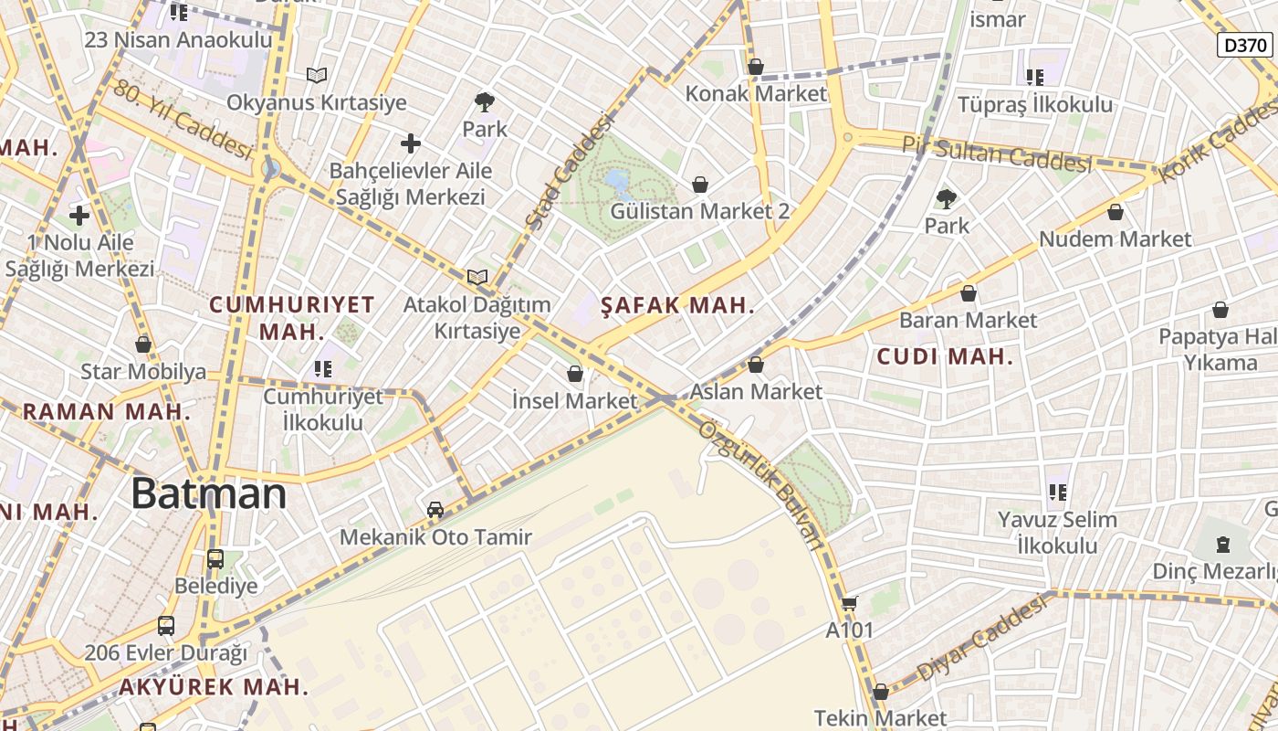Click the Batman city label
208,494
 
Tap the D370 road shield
1245,45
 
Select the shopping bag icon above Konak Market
755,67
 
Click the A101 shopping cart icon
849,603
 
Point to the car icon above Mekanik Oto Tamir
435,509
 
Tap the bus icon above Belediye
215,558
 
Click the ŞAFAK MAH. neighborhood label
678,306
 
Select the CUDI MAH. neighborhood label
945,357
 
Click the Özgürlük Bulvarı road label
760,483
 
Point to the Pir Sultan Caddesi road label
997,154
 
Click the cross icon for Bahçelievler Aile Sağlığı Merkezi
411,143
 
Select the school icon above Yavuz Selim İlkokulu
1058,493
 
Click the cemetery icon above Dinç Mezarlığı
1222,545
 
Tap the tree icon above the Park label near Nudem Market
947,198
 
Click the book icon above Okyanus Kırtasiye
316,75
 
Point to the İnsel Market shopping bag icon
575,374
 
